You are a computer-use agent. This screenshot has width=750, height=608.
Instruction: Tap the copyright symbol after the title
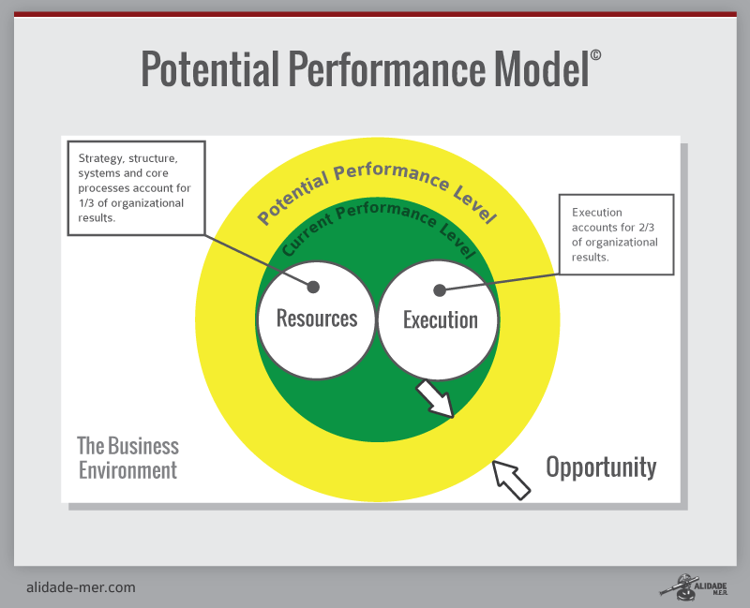point(596,56)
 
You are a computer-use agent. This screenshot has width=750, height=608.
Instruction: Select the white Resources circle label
point(317,319)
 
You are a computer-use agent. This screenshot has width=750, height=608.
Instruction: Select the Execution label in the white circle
point(440,320)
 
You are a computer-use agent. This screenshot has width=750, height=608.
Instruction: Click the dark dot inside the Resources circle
point(313,287)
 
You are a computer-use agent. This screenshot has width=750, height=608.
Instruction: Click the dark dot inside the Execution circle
point(439,290)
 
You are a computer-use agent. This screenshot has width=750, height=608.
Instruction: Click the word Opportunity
point(601,467)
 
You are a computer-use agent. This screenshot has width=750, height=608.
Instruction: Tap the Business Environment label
point(127,458)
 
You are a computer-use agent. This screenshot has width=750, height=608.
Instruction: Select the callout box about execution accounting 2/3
point(615,234)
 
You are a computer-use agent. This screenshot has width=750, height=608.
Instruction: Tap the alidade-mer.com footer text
point(81,587)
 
